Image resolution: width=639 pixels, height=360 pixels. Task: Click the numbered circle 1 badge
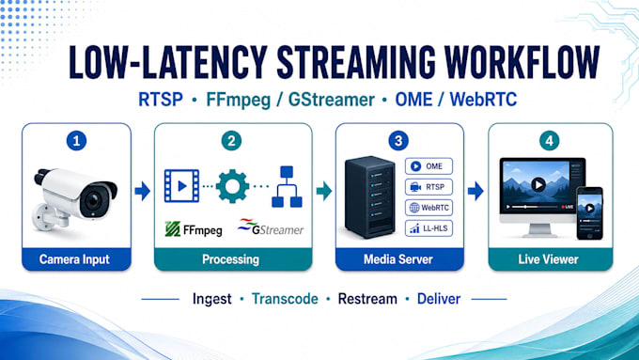pos(76,141)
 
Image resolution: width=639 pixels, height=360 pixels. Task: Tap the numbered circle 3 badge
pos(398,141)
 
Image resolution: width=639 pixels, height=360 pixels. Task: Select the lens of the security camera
pos(93,200)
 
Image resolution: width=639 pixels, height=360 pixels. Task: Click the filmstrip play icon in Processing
pos(181,186)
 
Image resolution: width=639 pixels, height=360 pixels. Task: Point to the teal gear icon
pos(232,186)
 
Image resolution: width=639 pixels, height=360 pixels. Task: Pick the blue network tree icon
pos(287,186)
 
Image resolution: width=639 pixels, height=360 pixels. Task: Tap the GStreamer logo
pos(271,227)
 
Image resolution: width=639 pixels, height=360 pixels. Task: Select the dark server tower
pos(369,197)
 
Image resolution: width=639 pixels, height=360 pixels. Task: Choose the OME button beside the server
pos(429,166)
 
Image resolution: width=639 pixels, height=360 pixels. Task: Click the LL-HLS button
pos(429,228)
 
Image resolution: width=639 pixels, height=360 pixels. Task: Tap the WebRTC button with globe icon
pos(429,208)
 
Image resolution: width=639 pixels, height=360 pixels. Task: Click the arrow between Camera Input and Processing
pos(142,191)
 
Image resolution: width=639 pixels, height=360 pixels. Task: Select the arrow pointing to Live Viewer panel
pos(475,191)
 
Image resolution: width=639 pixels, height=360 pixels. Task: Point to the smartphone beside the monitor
pos(589,213)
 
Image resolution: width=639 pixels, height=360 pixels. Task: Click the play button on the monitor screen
pos(538,185)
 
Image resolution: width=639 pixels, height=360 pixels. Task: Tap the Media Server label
pos(398,259)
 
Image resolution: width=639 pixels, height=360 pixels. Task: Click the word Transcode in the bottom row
pos(285,299)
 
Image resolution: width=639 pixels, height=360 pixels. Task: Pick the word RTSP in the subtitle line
pos(161,100)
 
